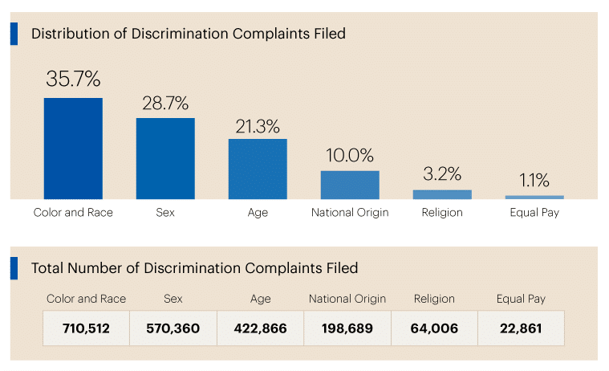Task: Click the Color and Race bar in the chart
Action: [73, 149]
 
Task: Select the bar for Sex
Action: [165, 158]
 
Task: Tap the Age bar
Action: [258, 169]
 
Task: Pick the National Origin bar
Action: [350, 185]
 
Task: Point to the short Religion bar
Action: [442, 194]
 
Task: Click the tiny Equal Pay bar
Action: [534, 197]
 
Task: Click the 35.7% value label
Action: [73, 79]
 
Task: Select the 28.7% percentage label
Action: [165, 103]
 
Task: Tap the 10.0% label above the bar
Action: [350, 156]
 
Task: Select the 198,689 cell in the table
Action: [347, 328]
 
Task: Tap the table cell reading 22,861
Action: [521, 328]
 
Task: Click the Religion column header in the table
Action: [434, 299]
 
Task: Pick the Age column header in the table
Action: [260, 299]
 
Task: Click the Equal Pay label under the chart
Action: [534, 213]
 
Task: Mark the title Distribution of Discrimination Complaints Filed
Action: [189, 34]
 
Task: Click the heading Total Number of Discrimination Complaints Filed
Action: [194, 268]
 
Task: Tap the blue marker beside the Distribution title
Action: [14, 34]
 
